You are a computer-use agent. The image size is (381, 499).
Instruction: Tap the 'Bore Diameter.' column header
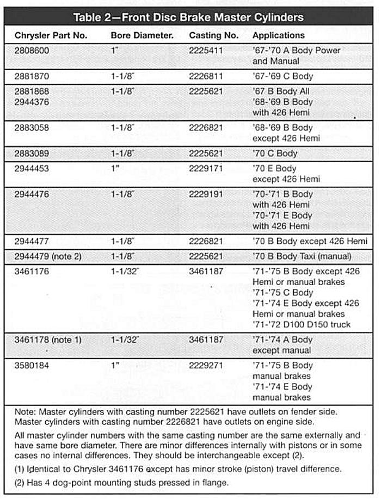(x=142, y=35)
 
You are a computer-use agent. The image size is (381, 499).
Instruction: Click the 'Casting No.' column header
(x=213, y=35)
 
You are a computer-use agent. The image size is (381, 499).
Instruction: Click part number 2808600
(x=32, y=50)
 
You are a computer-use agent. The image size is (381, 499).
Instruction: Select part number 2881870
(x=32, y=76)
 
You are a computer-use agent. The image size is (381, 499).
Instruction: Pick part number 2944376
(x=32, y=102)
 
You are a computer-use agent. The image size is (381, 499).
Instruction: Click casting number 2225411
(x=206, y=50)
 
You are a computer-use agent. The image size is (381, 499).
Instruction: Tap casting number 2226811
(x=206, y=76)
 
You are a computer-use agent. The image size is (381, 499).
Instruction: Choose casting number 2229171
(x=206, y=169)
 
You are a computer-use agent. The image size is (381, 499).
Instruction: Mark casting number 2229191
(x=206, y=194)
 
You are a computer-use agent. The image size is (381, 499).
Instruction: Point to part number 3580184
(x=32, y=366)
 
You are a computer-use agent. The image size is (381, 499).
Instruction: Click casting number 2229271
(x=206, y=366)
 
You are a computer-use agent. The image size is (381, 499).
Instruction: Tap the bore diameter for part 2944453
(x=114, y=169)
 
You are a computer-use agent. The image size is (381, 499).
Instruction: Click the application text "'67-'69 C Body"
(x=282, y=76)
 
